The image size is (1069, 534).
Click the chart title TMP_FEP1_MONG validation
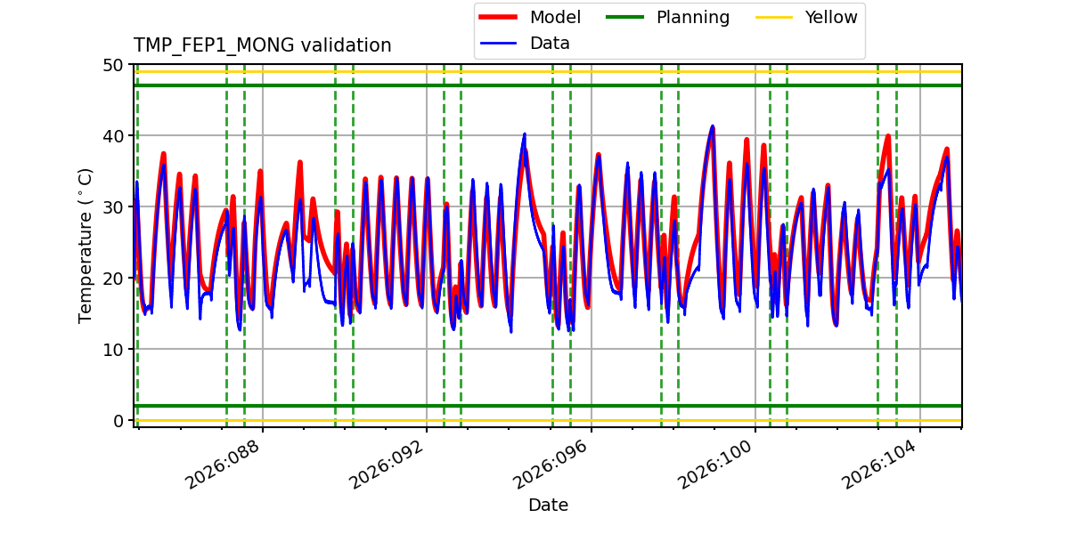tap(262, 45)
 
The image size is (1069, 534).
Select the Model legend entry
tap(555, 18)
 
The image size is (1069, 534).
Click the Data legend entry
tap(550, 44)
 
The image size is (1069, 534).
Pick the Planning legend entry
tap(692, 18)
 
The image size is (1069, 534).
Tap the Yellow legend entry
tap(830, 18)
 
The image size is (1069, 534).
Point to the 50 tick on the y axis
tap(113, 65)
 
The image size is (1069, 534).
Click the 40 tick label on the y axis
tap(113, 136)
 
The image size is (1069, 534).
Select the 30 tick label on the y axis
tap(113, 207)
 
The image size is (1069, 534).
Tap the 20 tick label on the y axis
tap(113, 279)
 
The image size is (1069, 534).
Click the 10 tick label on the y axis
tap(113, 350)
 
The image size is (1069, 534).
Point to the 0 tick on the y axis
tap(118, 420)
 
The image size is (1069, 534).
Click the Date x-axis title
tap(548, 506)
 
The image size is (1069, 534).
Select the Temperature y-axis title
tap(86, 244)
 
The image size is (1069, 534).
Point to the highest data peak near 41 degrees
tap(712, 126)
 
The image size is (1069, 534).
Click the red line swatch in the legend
tap(499, 18)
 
